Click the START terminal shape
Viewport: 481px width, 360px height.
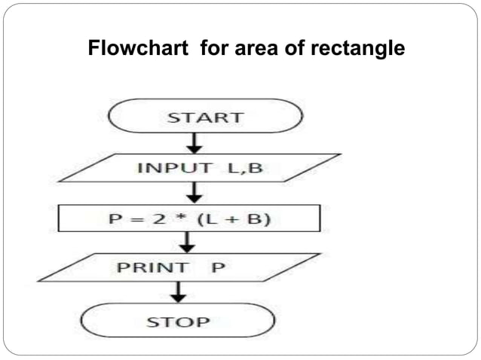[x=206, y=117]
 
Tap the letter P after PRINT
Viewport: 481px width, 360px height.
[x=219, y=267]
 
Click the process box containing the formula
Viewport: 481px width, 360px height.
[x=189, y=218]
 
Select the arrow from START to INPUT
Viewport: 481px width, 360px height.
[x=195, y=142]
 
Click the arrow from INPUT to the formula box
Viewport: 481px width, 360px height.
[x=195, y=193]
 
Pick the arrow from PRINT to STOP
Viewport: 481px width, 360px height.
[x=179, y=292]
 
